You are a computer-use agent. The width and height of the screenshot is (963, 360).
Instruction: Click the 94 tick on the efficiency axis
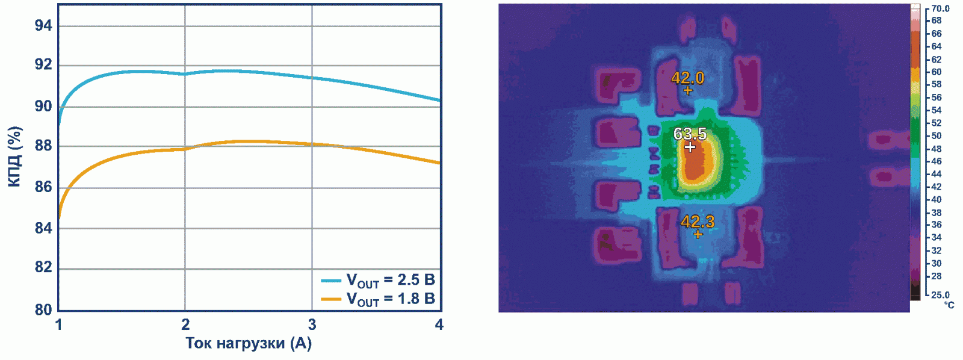point(43,26)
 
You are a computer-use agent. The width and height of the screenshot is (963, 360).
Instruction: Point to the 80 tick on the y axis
point(43,309)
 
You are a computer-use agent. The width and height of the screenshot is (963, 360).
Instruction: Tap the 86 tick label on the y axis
point(43,187)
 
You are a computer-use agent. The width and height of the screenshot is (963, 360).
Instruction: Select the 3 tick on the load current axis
point(312,325)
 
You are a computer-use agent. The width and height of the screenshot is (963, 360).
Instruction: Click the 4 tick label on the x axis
point(439,325)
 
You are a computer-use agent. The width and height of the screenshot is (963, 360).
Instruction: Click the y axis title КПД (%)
point(15,157)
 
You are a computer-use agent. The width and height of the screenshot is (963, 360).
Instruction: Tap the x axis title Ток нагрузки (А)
point(249,343)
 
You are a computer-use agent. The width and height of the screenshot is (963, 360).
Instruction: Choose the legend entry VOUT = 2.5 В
point(390,280)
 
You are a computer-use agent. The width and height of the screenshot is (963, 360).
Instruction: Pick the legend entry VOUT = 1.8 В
point(390,299)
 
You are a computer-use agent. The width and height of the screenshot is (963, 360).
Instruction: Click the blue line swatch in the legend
point(331,281)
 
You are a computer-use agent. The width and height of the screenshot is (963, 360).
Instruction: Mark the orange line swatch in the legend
point(331,299)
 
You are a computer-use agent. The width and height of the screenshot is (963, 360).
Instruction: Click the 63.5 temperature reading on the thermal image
point(690,134)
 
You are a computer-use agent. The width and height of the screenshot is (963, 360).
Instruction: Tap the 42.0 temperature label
point(687,78)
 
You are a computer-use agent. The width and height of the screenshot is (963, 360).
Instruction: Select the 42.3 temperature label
point(698,222)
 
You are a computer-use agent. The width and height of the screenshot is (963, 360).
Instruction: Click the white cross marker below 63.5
point(690,146)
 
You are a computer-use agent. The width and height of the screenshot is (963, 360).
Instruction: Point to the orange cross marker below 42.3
point(698,234)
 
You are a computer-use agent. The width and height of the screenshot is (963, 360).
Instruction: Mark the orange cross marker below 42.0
point(688,90)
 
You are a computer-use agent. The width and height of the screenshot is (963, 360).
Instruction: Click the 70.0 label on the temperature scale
point(940,8)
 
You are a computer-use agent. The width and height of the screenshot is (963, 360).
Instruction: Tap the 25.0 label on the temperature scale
point(940,295)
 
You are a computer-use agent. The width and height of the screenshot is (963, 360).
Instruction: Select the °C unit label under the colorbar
point(949,305)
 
